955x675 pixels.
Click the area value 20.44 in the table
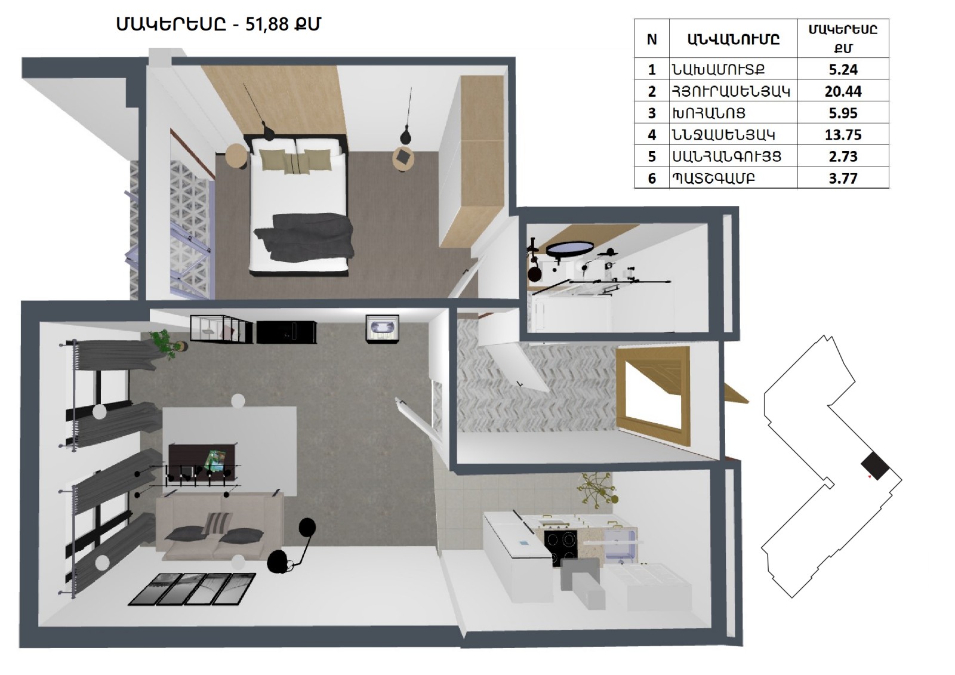click(x=843, y=91)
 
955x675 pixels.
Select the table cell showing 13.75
click(x=843, y=135)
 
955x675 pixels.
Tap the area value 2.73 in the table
click(x=843, y=156)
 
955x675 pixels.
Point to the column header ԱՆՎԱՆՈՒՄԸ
click(x=734, y=39)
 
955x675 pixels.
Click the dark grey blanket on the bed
click(x=305, y=236)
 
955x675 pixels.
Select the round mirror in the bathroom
click(x=569, y=249)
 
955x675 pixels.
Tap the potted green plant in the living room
click(x=167, y=343)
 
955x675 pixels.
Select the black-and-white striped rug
click(x=192, y=589)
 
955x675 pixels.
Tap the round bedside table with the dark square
click(x=403, y=159)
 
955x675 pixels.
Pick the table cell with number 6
click(x=652, y=178)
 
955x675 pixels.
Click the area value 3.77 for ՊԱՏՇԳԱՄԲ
click(x=843, y=178)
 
